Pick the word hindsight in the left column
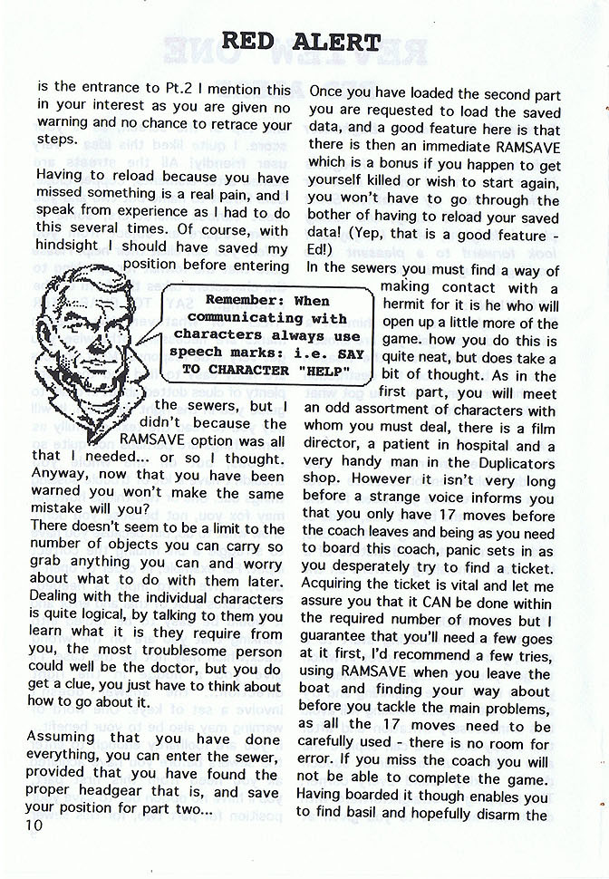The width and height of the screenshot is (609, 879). [x=71, y=247]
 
